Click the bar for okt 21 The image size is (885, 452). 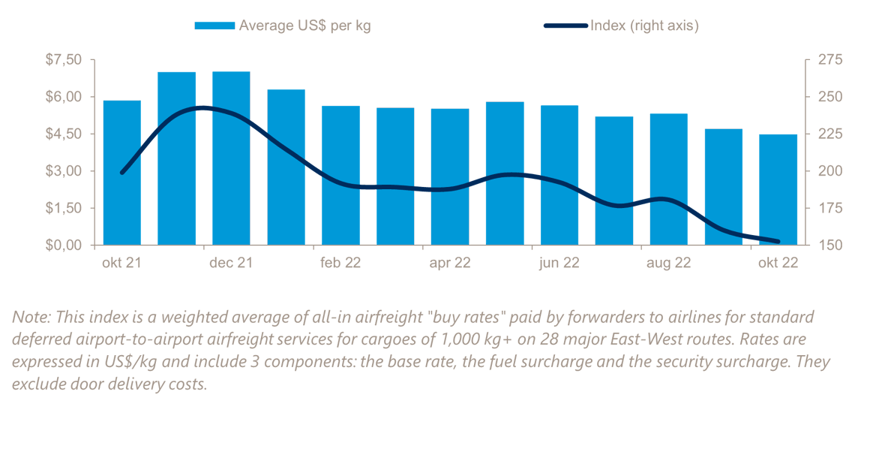tap(122, 173)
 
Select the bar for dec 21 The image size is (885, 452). tap(231, 158)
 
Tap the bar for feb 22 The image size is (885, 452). tap(340, 176)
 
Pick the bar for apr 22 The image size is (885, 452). tap(450, 177)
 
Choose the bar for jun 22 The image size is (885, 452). tap(559, 176)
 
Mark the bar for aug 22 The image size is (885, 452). tap(669, 179)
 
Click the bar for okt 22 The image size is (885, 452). tap(778, 190)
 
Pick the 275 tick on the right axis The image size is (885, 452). tap(824, 60)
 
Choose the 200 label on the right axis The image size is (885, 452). tap(824, 171)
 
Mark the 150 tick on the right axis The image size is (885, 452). tap(824, 246)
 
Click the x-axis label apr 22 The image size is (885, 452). tap(450, 263)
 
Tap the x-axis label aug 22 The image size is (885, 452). tap(669, 263)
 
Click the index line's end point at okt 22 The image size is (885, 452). tap(778, 242)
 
